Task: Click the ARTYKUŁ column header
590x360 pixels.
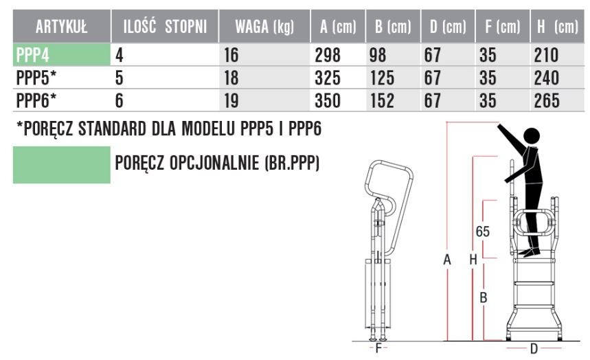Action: (x=61, y=27)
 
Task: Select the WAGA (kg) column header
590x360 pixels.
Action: (x=264, y=27)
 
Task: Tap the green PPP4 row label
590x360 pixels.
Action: (x=32, y=55)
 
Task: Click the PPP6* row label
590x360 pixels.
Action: (x=36, y=100)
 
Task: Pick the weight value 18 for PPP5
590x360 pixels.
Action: (x=231, y=78)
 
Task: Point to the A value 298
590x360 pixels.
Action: (x=328, y=55)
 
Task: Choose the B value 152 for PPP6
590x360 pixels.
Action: (x=383, y=100)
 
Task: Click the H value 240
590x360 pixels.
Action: (x=546, y=78)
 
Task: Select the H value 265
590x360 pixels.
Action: (x=546, y=100)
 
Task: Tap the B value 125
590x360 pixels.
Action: (x=383, y=78)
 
